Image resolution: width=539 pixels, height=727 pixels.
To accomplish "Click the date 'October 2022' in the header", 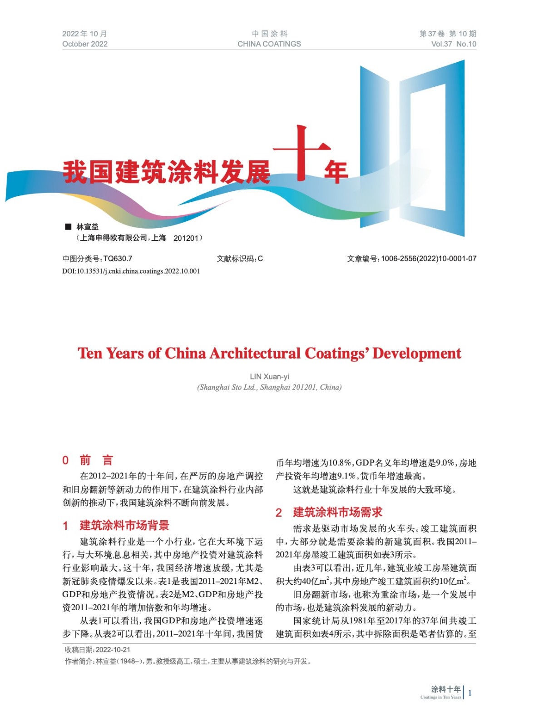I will click(85, 44).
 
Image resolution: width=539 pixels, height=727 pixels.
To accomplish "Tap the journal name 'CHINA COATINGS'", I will click(269, 44).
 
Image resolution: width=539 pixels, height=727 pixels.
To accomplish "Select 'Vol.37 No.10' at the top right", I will click(453, 44).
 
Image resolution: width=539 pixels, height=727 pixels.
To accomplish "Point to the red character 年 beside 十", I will click(336, 172).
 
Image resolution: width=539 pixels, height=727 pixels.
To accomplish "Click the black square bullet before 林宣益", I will click(69, 226).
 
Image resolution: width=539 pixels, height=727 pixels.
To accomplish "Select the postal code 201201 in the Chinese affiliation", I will click(186, 238).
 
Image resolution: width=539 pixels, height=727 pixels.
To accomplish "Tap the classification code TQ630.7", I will click(118, 259).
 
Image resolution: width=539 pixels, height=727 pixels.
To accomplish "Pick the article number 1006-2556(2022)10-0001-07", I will click(428, 259).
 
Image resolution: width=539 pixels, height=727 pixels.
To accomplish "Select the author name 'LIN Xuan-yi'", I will click(269, 376).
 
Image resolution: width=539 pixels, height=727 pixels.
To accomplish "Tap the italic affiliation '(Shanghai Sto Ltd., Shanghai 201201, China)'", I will click(269, 387).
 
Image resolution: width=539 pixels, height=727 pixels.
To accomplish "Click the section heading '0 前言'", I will click(88, 460).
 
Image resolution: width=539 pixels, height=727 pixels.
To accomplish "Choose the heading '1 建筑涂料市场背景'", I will click(116, 525).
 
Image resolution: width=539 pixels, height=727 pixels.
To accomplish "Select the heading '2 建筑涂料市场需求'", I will click(329, 512).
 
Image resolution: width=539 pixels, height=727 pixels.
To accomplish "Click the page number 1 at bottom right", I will click(470, 693).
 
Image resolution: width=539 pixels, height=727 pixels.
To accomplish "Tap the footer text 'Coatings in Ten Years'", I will click(440, 697).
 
